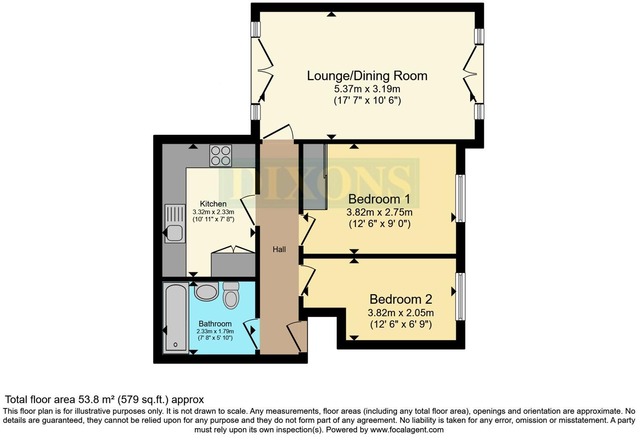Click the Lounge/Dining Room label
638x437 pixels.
367,76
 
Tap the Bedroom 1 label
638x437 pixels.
379,199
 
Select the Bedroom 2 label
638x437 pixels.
400,299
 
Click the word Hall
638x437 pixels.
279,250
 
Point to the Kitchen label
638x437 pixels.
213,204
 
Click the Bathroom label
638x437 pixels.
215,324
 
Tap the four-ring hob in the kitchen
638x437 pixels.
221,155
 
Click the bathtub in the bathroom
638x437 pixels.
175,318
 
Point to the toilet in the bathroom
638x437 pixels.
230,295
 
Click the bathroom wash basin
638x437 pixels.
206,292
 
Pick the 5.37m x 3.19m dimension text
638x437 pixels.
367,89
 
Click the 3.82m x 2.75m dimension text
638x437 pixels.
379,212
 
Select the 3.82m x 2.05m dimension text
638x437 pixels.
400,313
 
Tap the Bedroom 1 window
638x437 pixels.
460,198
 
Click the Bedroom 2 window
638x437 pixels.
460,296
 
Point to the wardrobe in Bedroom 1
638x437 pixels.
315,176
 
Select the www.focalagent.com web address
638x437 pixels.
407,430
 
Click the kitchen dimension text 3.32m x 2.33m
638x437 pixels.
213,212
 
